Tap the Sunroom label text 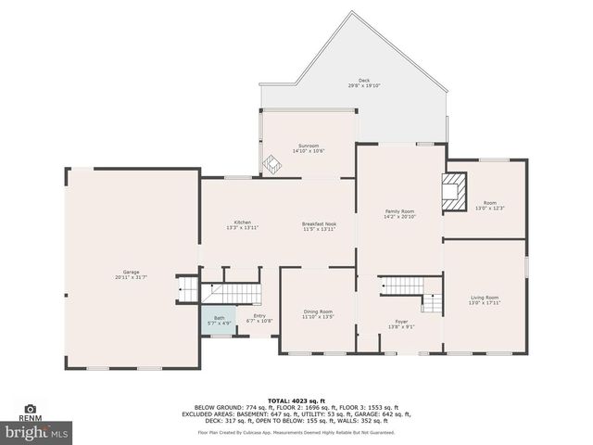pos(308,146)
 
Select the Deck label pos(364,81)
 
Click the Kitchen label pos(242,222)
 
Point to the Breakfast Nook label pos(318,222)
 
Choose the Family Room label pos(399,211)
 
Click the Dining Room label pos(317,311)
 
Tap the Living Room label pos(484,298)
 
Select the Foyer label pos(401,322)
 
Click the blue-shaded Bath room pos(220,320)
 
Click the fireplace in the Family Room pos(453,190)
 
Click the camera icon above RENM pos(31,408)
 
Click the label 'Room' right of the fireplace pos(489,203)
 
